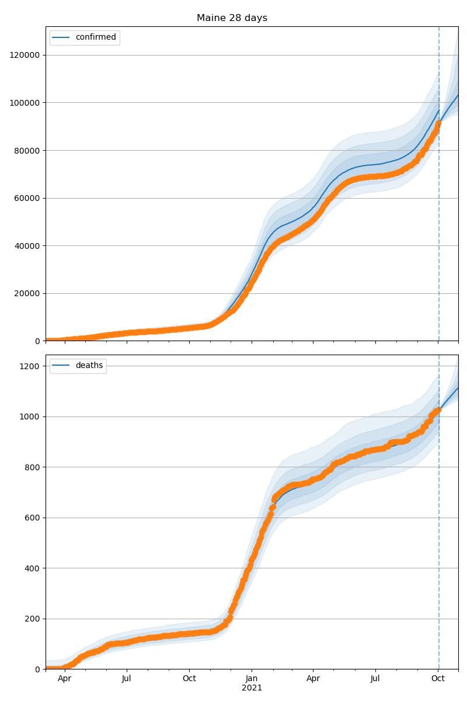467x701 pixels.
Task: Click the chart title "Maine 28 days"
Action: [232, 18]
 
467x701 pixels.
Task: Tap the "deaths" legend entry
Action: [89, 366]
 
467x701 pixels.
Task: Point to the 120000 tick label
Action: [25, 55]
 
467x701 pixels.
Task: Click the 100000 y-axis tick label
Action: [25, 103]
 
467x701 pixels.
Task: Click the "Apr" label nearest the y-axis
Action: [64, 679]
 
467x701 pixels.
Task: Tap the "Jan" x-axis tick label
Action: [252, 679]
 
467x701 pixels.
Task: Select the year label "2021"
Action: [252, 688]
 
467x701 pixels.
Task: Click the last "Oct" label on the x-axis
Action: [438, 679]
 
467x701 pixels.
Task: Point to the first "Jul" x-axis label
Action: [126, 679]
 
